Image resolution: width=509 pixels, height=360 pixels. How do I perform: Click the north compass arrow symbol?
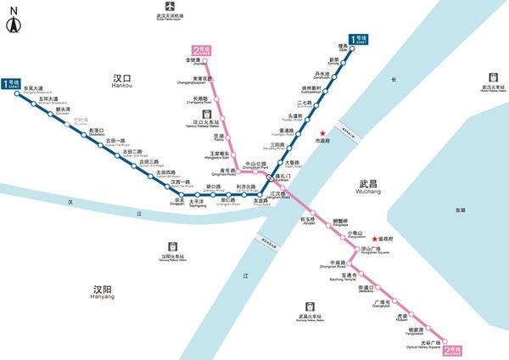[x=14, y=22]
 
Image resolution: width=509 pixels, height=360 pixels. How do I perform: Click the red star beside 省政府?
[x=374, y=240]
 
